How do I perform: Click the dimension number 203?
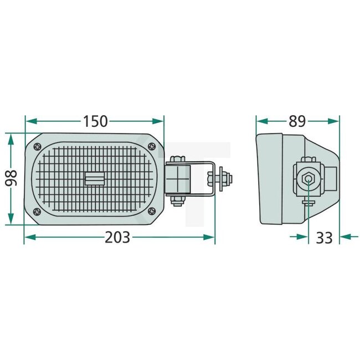point(117,238)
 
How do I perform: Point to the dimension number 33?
point(324,238)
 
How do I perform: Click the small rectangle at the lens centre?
point(95,178)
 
